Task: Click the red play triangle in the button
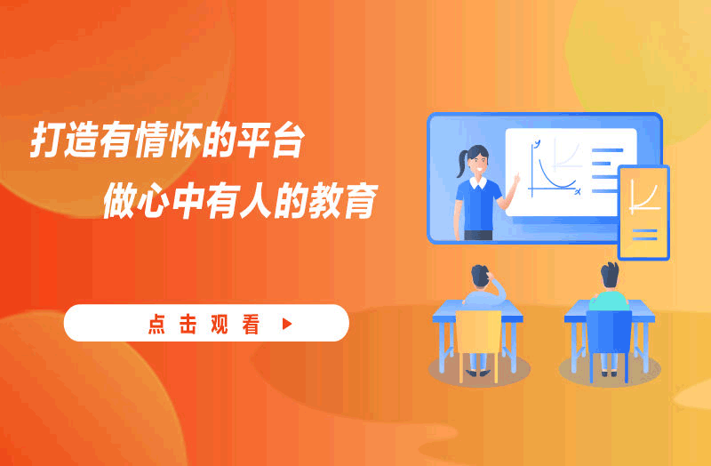(287, 324)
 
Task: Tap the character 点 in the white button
(156, 324)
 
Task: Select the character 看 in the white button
(251, 324)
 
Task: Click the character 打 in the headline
(46, 139)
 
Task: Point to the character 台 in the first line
(287, 139)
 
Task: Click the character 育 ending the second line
(360, 200)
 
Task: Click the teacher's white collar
(478, 182)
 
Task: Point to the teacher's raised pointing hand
(516, 179)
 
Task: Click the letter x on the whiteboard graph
(578, 192)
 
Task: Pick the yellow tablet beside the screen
(643, 213)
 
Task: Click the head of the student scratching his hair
(480, 276)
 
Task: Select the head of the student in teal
(610, 275)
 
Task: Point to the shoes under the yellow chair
(478, 373)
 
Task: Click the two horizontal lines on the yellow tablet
(644, 235)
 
